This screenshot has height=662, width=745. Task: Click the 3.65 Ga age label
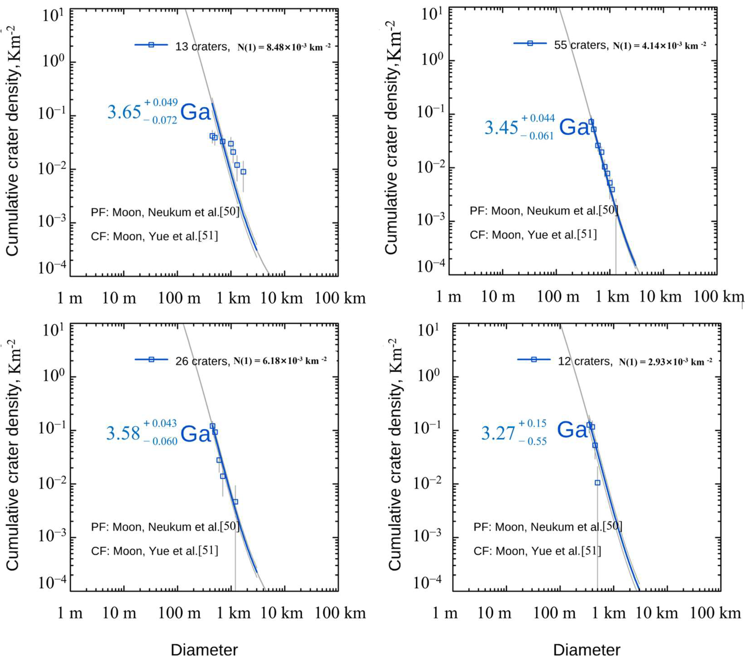coord(159,111)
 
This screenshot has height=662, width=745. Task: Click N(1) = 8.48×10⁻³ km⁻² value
coord(284,47)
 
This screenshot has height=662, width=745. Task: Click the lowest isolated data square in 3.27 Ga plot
coord(597,483)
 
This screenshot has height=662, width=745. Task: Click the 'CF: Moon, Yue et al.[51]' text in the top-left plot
coord(154,236)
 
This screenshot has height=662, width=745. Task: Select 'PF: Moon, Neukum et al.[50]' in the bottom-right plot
coord(548,527)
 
